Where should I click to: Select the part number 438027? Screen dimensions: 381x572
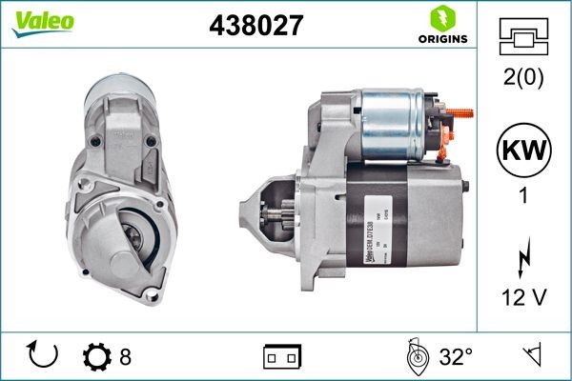255,26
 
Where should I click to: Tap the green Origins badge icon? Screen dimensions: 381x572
442,18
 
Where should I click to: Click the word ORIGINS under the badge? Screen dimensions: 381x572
442,39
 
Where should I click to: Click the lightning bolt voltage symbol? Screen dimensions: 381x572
524,257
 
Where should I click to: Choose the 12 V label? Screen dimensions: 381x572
524,299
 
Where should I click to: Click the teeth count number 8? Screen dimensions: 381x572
125,357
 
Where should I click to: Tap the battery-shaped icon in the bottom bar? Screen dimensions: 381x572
281,357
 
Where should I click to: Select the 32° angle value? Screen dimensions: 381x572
456,357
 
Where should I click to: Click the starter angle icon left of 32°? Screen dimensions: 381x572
416,357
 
